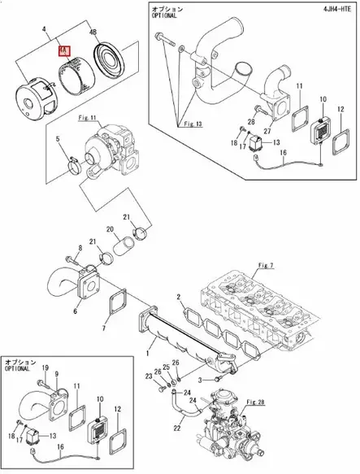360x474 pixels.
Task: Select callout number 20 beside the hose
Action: coord(110,229)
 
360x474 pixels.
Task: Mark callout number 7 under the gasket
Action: coord(102,328)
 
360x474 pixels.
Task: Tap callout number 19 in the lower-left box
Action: coord(45,368)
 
